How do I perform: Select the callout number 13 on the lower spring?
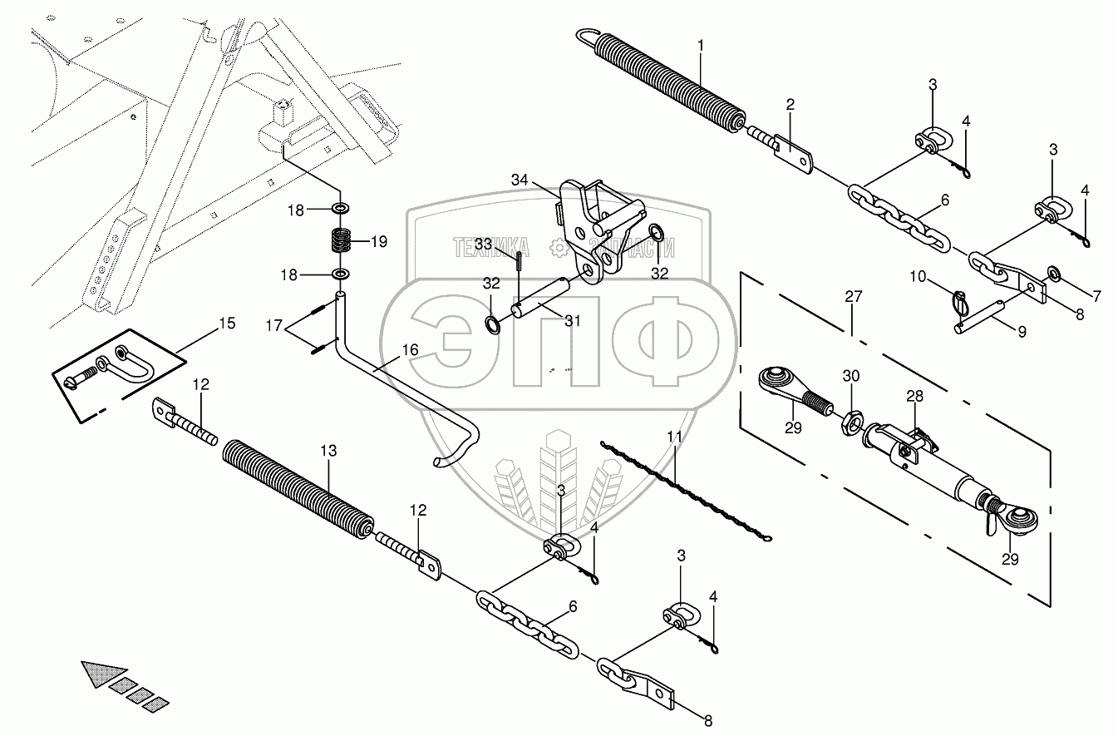pos(328,450)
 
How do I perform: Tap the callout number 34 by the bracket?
pos(520,180)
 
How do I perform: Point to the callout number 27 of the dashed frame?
pos(854,296)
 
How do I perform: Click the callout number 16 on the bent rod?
pos(411,350)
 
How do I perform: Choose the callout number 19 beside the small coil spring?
pos(378,242)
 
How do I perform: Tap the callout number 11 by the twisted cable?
pos(674,435)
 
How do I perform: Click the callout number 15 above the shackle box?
pos(226,323)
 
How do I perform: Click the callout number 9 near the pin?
pos(1022,331)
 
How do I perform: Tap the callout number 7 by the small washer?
pos(1073,295)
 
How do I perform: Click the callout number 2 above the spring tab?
pos(790,104)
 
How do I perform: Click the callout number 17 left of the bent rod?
pos(274,325)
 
